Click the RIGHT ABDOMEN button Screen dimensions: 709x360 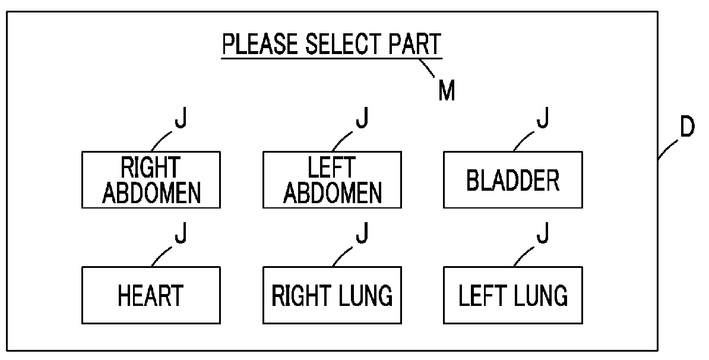[x=151, y=179]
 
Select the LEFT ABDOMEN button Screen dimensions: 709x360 [x=332, y=179]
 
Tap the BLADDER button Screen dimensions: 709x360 [x=513, y=179]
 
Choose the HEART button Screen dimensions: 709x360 [x=151, y=295]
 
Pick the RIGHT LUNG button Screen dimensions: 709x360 [x=332, y=295]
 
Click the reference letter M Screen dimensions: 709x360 [x=447, y=90]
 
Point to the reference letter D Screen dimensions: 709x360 [x=686, y=127]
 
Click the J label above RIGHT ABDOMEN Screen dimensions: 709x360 [x=181, y=118]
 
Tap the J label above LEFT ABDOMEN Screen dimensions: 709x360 [x=362, y=118]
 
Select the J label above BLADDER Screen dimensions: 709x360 [x=543, y=118]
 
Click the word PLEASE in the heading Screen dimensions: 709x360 [x=260, y=44]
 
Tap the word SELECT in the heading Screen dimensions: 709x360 [x=342, y=44]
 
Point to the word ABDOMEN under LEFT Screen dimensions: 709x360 [x=333, y=192]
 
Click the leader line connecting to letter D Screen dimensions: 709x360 [x=668, y=149]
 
